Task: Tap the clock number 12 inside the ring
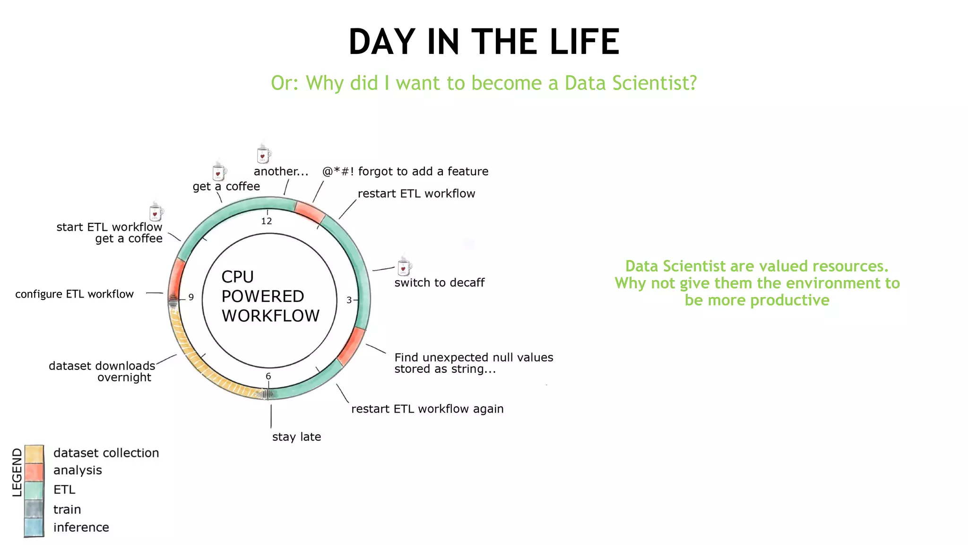coord(267,221)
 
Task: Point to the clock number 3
coord(349,300)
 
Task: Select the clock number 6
coord(268,376)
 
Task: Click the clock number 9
coord(191,297)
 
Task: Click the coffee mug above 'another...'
coord(263,155)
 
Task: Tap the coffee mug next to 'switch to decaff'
coord(404,267)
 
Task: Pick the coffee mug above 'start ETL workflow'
coord(156,212)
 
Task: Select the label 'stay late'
coord(296,437)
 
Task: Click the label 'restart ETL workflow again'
coord(427,409)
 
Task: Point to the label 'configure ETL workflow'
coord(74,294)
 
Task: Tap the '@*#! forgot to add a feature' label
coord(405,171)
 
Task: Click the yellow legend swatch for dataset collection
coord(34,454)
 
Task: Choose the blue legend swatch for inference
coord(34,527)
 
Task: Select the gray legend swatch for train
coord(34,510)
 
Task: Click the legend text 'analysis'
coord(78,470)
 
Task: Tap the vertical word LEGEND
coord(17,472)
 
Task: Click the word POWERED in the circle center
coord(263,296)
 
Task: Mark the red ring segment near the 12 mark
coord(310,211)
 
